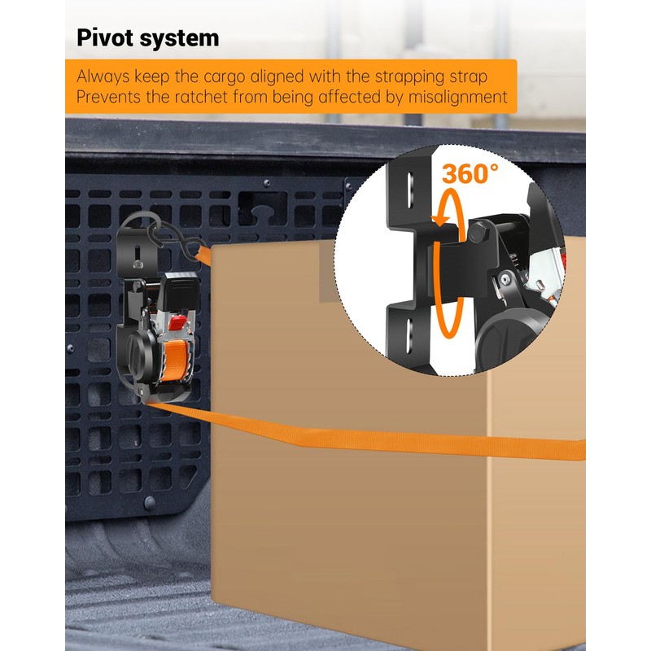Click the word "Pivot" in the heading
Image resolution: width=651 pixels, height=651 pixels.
coord(103,38)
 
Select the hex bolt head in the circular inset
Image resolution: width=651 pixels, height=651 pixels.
coord(476,234)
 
